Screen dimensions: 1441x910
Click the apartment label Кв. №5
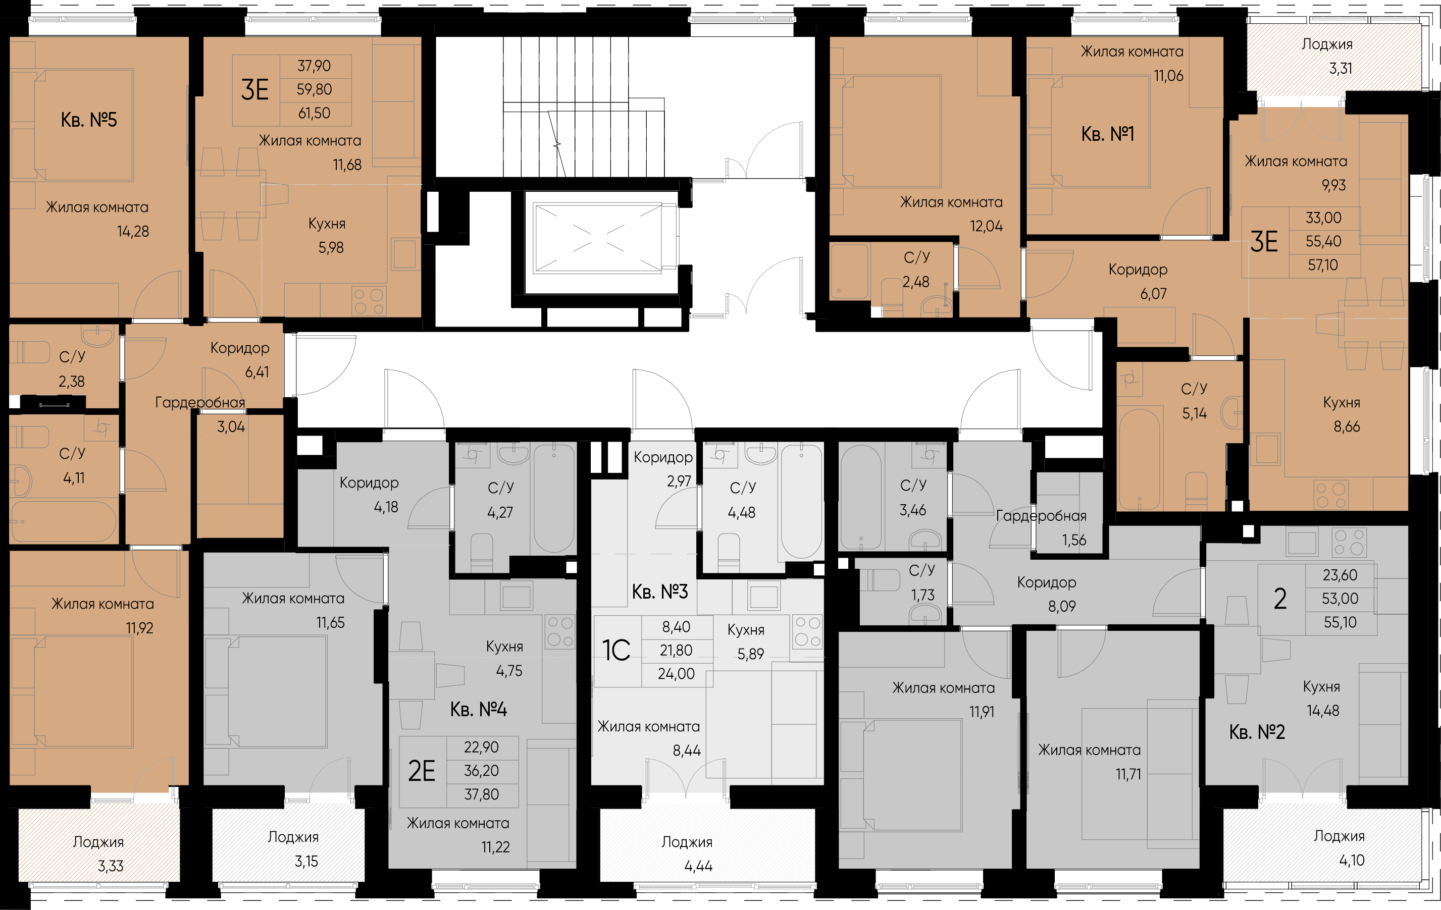tap(88, 120)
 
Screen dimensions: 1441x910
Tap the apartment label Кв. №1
tap(1108, 134)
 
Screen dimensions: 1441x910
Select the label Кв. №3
tap(660, 592)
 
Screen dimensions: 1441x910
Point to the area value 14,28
tap(133, 232)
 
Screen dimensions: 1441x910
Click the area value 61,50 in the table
tap(314, 113)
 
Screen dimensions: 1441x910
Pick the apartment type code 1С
tap(616, 651)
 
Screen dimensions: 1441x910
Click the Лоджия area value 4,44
tap(698, 866)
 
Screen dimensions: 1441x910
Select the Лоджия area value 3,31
tap(1341, 69)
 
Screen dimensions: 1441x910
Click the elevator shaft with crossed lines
tap(598, 238)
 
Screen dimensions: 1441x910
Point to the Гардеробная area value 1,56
tap(1074, 540)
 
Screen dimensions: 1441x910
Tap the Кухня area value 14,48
tap(1322, 711)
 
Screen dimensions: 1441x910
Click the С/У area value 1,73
tap(923, 595)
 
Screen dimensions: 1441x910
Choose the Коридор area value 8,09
tap(1062, 607)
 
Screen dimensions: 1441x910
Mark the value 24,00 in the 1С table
tap(676, 674)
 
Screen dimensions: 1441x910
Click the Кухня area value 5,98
tap(331, 248)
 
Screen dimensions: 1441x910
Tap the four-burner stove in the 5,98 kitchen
tap(369, 301)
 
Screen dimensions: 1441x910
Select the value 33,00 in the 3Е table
tap(1323, 218)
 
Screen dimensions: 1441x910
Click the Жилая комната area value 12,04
tap(986, 227)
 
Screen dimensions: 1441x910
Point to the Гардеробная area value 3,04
tap(231, 427)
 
